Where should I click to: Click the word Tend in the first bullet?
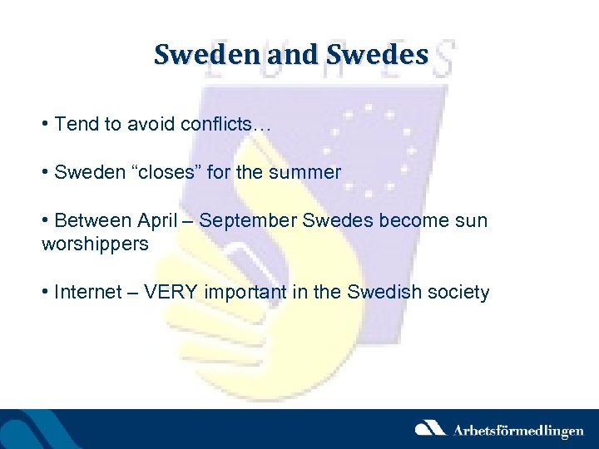coord(74,125)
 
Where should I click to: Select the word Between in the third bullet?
coord(86,221)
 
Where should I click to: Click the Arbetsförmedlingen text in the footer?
coord(517,430)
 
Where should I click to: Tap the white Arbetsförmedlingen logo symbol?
coord(430,428)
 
